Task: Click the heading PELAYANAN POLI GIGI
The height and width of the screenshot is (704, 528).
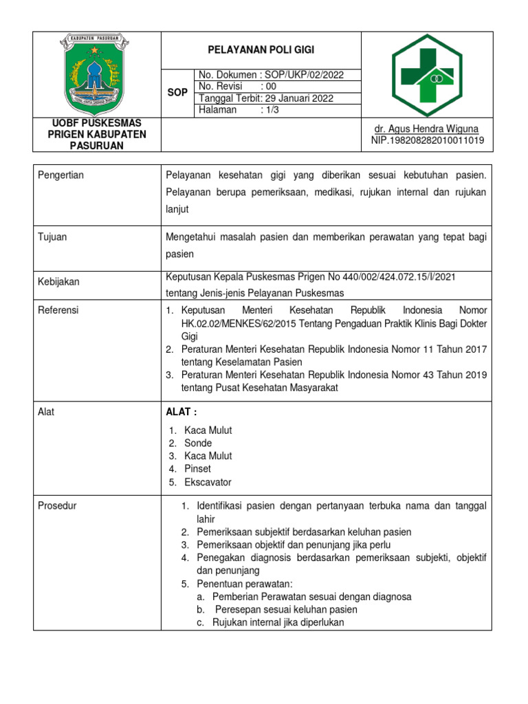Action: coord(260,50)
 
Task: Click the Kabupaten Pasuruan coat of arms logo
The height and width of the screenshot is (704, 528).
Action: coord(97,73)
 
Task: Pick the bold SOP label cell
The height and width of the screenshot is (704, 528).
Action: coord(177,92)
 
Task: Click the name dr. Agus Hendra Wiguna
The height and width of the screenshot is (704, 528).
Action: coord(426,129)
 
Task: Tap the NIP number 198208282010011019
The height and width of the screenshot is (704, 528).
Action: coord(427,140)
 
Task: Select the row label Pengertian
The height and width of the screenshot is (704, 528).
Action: coord(61,175)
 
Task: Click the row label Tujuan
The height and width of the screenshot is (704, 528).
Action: coord(52,236)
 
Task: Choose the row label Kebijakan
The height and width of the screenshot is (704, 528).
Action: coord(59,282)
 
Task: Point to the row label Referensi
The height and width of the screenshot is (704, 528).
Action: coord(59,310)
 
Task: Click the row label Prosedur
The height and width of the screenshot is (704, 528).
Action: coord(58,506)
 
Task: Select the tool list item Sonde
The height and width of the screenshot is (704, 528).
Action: coord(198,443)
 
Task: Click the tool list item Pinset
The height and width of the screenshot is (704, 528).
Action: coord(198,469)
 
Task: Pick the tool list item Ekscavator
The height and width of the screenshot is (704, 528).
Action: coord(208,482)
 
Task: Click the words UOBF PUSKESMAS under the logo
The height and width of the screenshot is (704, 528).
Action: coord(97,123)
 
